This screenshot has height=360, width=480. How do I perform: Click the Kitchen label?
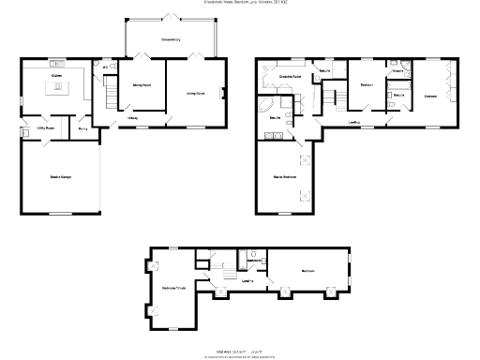(x=56, y=74)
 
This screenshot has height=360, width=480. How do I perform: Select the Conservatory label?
(x=170, y=39)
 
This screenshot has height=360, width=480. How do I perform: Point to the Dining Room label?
(x=141, y=84)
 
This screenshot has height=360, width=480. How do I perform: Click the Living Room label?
(x=196, y=93)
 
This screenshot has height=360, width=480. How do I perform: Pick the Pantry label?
(x=82, y=127)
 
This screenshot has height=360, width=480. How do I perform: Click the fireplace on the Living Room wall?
(x=222, y=93)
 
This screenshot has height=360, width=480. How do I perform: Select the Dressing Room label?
(x=289, y=75)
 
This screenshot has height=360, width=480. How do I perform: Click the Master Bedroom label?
(x=285, y=176)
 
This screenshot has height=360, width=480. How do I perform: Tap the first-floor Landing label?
(x=354, y=122)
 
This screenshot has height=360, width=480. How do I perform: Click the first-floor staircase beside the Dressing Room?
(x=331, y=97)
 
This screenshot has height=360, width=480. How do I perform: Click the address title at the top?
(x=240, y=3)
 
